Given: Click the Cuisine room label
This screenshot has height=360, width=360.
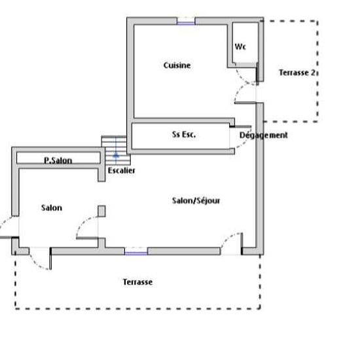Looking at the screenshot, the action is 177,65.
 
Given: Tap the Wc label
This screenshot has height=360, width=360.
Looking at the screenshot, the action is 240,46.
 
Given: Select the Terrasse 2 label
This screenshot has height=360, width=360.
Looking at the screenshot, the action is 297,73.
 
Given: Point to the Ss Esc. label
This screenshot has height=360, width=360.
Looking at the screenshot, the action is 184,134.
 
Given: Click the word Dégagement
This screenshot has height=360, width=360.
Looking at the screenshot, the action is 263,135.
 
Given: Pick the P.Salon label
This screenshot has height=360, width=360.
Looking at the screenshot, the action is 58,160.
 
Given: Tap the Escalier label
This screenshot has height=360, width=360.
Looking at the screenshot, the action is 122,171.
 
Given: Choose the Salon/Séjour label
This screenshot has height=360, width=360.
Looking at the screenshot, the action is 196,201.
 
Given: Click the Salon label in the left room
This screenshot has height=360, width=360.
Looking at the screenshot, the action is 52,207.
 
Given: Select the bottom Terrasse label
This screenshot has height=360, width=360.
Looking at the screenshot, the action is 137,282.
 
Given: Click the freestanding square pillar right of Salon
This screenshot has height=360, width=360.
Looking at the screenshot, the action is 101,211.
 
